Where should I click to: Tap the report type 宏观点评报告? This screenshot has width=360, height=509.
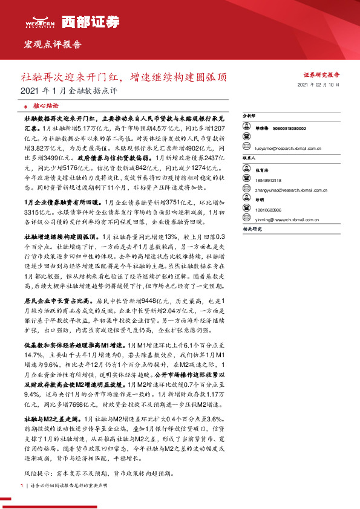52,45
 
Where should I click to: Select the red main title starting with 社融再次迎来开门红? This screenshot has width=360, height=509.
125,77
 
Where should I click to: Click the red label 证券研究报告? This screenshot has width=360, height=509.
321,74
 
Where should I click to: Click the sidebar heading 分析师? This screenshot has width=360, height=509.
249,115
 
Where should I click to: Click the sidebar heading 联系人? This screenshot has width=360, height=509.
249,157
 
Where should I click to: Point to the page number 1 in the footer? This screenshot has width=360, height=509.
22,486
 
